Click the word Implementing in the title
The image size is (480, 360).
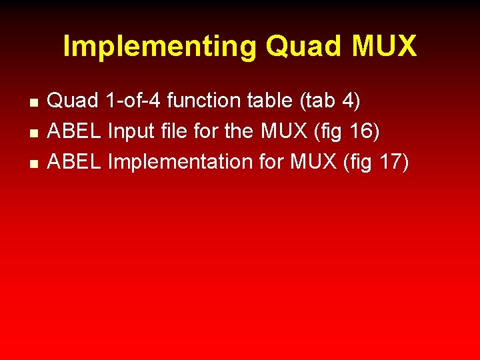click(x=159, y=47)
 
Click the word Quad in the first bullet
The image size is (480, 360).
click(x=74, y=101)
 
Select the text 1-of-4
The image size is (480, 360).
click(x=133, y=101)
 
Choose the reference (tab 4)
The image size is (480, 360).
click(x=329, y=101)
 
